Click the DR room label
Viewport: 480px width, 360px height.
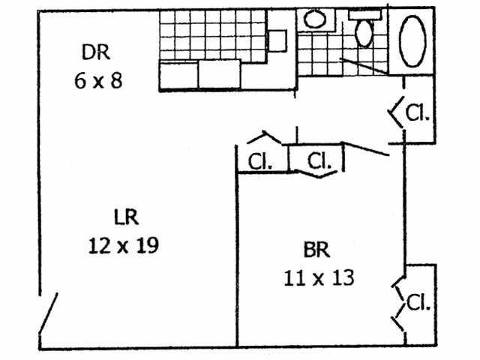[x=97, y=52]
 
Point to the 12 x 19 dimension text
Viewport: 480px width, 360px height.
[x=122, y=245]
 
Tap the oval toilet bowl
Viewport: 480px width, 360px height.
[x=365, y=33]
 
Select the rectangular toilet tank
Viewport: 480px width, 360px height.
[x=365, y=14]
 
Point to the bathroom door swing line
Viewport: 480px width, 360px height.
[x=365, y=66]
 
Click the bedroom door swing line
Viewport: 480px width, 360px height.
[x=365, y=149]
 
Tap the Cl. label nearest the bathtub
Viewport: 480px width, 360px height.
[x=418, y=112]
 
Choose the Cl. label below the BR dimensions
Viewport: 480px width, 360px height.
[x=419, y=303]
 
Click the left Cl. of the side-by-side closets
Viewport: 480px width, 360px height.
[x=259, y=161]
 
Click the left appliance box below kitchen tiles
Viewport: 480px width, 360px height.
[x=179, y=75]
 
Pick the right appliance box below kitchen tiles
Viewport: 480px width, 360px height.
[x=219, y=73]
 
